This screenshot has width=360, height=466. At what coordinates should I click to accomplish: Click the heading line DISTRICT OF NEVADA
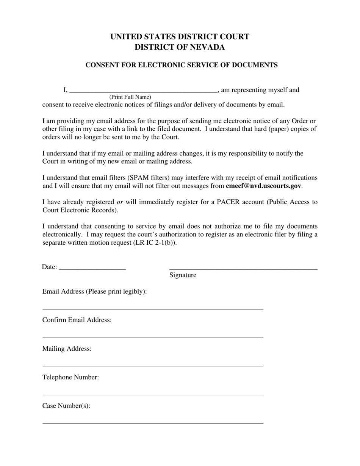pyautogui.click(x=180, y=47)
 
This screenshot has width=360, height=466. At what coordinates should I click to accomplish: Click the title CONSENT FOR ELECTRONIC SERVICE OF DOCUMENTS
pyautogui.click(x=181, y=65)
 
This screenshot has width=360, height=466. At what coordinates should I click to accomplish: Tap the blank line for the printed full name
pyautogui.click(x=144, y=91)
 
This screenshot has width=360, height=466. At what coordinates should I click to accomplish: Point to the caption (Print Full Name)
pyautogui.click(x=130, y=97)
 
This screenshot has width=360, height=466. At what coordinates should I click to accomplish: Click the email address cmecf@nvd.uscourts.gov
pyautogui.click(x=263, y=186)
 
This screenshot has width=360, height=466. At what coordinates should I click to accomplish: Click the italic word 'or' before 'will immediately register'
pyautogui.click(x=120, y=202)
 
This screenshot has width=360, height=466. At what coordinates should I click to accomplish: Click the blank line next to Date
pyautogui.click(x=92, y=268)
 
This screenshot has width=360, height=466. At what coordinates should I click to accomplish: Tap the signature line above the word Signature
pyautogui.click(x=243, y=268)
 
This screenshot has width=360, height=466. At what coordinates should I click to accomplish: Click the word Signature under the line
pyautogui.click(x=183, y=275)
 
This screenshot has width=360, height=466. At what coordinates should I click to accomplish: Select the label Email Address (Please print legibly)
pyautogui.click(x=94, y=291)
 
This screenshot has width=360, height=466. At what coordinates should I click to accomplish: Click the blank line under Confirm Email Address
pyautogui.click(x=153, y=337)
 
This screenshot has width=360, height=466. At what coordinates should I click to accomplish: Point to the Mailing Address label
pyautogui.click(x=67, y=349)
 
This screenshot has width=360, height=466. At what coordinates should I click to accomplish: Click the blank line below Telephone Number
pyautogui.click(x=153, y=394)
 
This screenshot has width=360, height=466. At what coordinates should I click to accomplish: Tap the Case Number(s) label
pyautogui.click(x=66, y=406)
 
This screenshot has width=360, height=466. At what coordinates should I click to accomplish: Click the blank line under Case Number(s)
pyautogui.click(x=153, y=423)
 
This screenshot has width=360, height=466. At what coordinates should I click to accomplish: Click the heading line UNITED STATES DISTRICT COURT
pyautogui.click(x=180, y=37)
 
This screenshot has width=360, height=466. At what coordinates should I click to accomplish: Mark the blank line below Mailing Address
pyautogui.click(x=153, y=366)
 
